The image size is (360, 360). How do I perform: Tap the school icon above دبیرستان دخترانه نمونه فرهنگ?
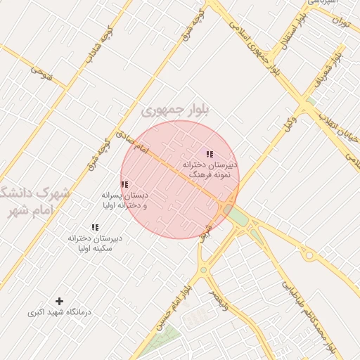pos(210,154)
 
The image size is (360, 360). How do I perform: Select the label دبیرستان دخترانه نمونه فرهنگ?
pos(210,169)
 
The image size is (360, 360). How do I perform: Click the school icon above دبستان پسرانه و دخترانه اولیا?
pos(124,185)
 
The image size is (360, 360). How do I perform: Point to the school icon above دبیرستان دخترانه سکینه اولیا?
pos(94,227)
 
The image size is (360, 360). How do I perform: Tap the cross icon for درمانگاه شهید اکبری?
pos(59,301)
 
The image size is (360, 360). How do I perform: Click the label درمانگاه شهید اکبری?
pos(59,311)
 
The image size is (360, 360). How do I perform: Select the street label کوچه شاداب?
pos(98,49)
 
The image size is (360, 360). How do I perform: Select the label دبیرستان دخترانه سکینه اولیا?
pos(94,243)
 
